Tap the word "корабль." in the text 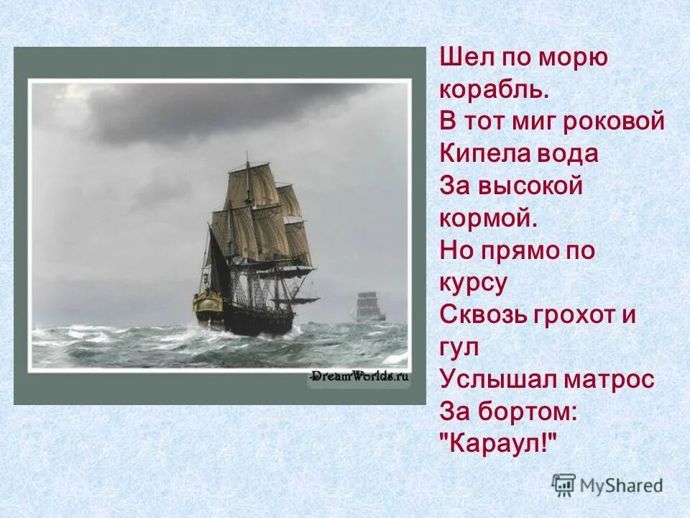(494, 91)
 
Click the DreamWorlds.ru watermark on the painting (359, 376)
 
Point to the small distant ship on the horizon (368, 306)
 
